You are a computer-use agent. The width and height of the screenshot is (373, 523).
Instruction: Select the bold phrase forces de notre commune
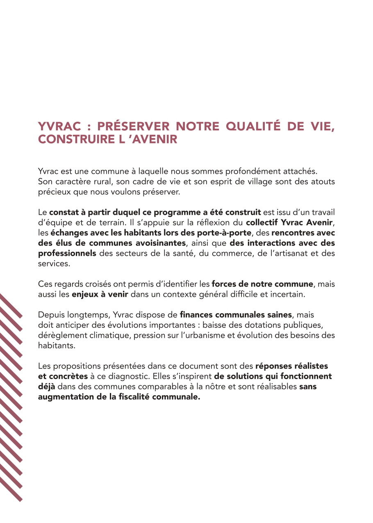[262, 284]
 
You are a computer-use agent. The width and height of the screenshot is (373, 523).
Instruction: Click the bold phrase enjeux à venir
[100, 294]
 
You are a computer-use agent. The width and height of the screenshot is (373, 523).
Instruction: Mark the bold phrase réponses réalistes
[291, 366]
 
